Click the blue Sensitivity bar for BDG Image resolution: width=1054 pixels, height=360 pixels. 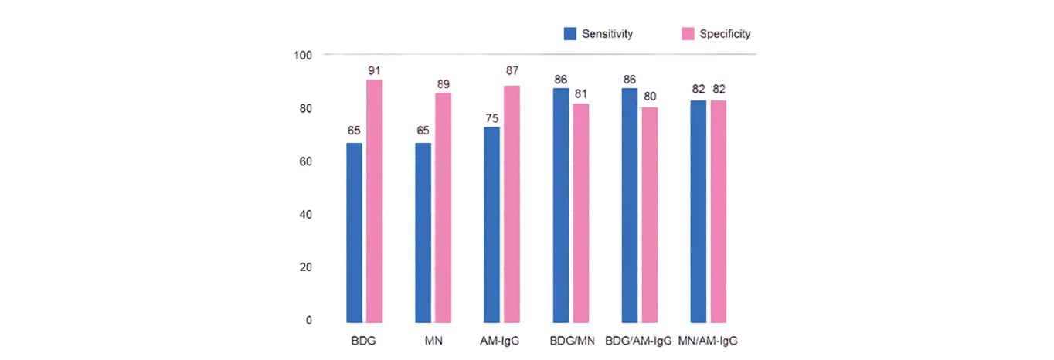point(355,232)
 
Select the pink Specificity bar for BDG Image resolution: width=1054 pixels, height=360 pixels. point(375,201)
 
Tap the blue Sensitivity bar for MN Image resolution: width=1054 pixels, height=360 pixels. point(423,232)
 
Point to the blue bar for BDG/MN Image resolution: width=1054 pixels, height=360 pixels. point(560,205)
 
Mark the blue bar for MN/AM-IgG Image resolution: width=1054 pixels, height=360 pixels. point(698,211)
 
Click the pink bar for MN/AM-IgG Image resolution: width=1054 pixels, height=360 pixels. point(719,211)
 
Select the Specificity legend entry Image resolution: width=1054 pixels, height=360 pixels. point(716,35)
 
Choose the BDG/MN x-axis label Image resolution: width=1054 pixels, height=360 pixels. point(571,340)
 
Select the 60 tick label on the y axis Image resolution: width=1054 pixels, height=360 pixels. point(305,161)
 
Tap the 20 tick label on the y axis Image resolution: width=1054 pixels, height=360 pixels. point(305,267)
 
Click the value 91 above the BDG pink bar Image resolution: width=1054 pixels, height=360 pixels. point(374,72)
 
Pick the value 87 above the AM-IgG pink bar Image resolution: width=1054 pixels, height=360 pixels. point(512,71)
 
